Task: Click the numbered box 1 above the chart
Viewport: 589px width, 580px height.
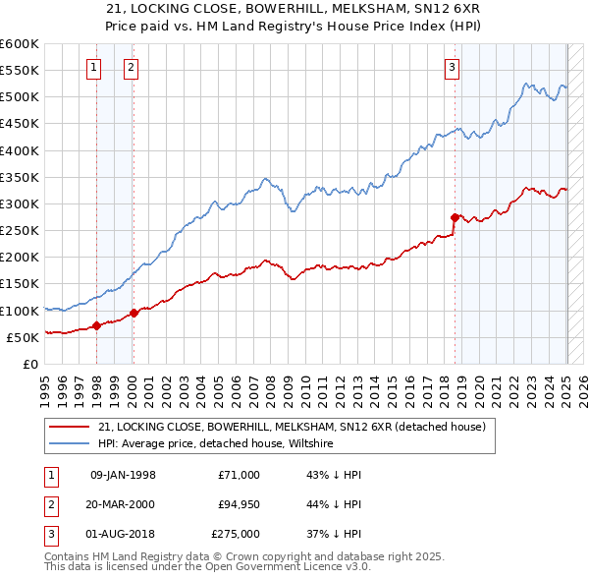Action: coord(93,68)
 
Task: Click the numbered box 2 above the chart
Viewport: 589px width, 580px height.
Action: coord(131,68)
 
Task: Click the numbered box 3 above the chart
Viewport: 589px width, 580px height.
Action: coord(452,68)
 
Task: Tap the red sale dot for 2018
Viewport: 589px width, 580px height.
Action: coord(455,217)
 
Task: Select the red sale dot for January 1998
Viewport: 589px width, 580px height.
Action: coord(96,325)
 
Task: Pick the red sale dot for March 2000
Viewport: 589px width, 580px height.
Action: coord(134,313)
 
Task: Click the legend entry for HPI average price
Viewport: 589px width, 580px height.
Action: coord(215,443)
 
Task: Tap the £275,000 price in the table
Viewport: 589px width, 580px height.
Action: coord(236,534)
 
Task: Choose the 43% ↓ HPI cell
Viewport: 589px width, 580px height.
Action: coord(334,475)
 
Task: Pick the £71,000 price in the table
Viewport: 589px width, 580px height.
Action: coord(239,475)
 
